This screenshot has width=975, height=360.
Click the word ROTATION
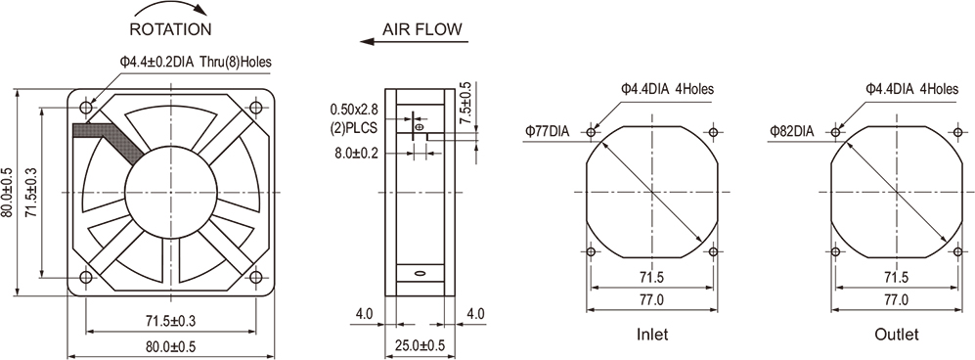click(170, 29)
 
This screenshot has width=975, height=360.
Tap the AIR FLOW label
click(422, 28)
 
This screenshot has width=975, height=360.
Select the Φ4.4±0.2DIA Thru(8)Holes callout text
click(196, 62)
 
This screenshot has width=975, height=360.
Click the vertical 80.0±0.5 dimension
click(7, 192)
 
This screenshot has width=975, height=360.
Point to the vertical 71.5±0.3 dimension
click(30, 192)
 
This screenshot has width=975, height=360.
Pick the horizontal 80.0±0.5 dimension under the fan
click(171, 345)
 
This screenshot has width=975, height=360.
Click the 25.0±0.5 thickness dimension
click(421, 345)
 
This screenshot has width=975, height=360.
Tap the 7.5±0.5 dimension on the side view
click(465, 104)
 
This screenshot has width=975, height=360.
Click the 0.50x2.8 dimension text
click(354, 110)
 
